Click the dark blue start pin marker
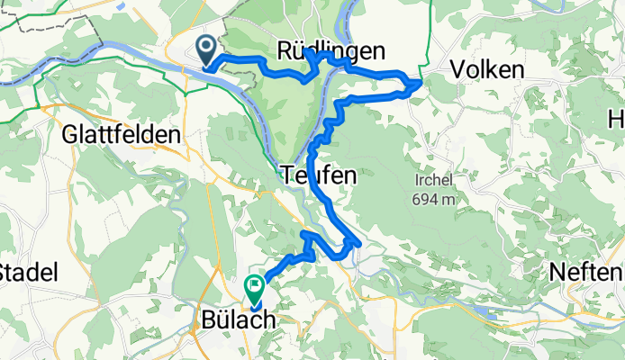click(x=205, y=49)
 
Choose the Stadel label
click(x=29, y=272)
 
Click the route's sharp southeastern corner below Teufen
click(x=359, y=242)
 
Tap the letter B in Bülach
click(x=205, y=320)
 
